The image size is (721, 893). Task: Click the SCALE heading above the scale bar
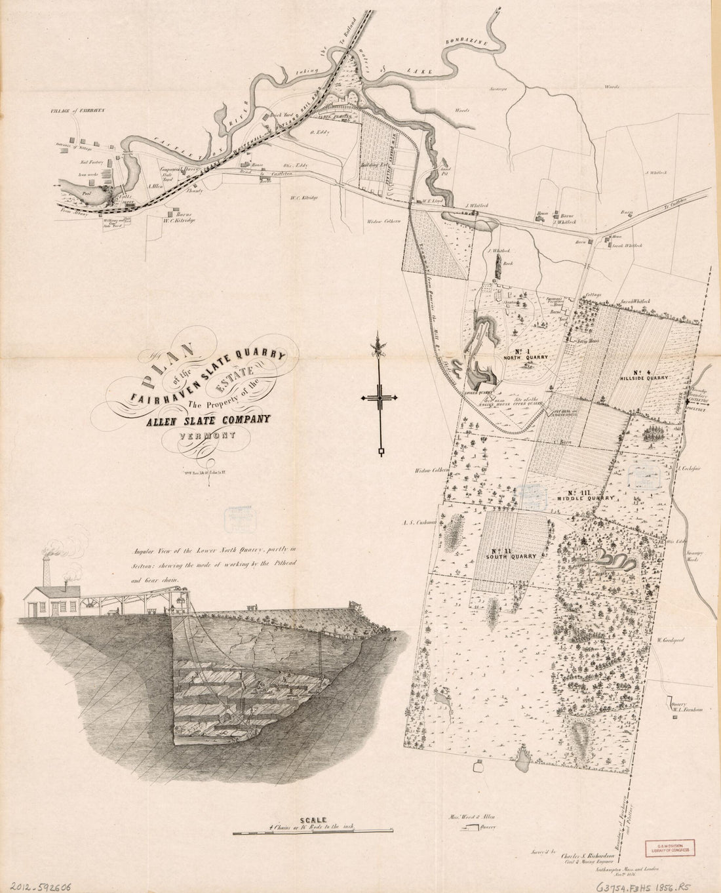coord(313,820)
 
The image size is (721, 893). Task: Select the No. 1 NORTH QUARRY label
coord(520,355)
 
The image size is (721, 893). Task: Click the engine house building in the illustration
coord(52,600)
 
